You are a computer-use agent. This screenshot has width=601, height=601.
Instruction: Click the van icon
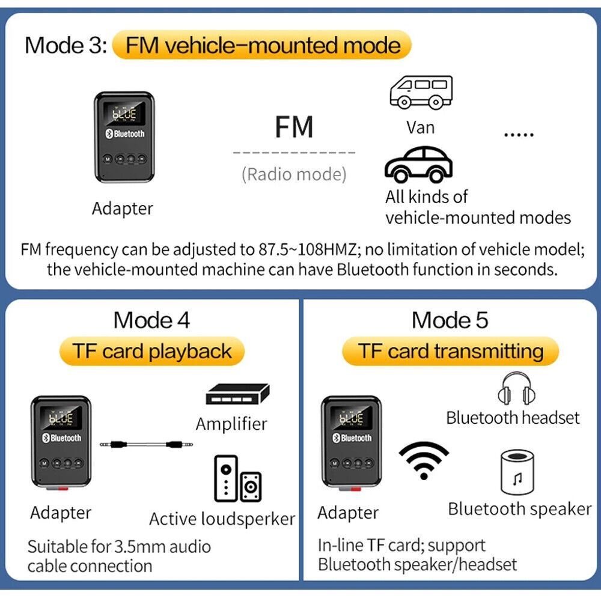click(420, 93)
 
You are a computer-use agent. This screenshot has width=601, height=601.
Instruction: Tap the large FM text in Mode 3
click(294, 127)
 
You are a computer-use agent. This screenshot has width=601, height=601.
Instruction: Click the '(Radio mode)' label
click(294, 174)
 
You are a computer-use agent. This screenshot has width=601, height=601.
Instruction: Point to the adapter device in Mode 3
click(122, 138)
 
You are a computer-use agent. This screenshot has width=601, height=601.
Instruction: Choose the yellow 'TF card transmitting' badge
click(450, 352)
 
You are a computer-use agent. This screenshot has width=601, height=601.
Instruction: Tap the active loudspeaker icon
click(237, 478)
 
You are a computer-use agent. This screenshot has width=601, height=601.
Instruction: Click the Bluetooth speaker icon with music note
click(517, 473)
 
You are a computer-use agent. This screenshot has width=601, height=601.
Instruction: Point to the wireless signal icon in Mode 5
click(424, 460)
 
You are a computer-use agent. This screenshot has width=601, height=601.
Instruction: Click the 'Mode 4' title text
click(151, 320)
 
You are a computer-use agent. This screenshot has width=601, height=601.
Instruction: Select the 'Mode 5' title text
click(450, 320)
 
